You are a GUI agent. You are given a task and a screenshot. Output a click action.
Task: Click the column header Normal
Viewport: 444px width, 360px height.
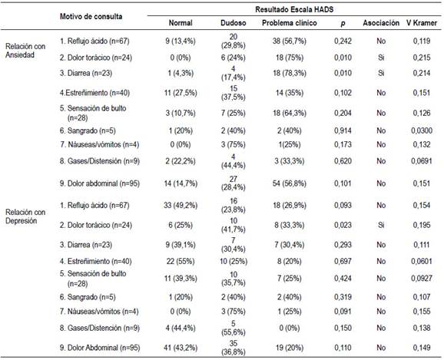(x=181, y=23)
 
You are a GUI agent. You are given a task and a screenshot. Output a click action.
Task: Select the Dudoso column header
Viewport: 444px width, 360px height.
(x=233, y=23)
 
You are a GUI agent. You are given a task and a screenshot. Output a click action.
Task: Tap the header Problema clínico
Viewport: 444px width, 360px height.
(x=289, y=23)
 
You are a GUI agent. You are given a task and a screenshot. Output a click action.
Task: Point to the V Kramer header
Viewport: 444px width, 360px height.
(x=422, y=23)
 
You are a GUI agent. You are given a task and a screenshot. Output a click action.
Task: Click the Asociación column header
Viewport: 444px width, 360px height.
(x=381, y=23)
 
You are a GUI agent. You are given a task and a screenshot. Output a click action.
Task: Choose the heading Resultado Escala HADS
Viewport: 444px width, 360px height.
(x=294, y=10)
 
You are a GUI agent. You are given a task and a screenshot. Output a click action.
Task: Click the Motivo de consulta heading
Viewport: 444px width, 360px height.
(x=91, y=16)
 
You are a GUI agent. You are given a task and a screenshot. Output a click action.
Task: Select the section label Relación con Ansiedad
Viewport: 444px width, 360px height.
(x=25, y=51)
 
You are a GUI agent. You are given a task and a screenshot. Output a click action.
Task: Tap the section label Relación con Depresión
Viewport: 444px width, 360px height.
(x=25, y=216)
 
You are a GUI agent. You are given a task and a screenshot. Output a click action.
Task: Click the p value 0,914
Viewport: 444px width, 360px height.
(x=343, y=130)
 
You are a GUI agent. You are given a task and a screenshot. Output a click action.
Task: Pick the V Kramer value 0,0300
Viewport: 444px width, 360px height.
(x=422, y=130)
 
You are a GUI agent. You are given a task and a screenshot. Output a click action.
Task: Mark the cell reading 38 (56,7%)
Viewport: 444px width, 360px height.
(x=289, y=41)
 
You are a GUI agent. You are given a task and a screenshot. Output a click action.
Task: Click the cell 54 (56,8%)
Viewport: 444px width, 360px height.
(x=289, y=183)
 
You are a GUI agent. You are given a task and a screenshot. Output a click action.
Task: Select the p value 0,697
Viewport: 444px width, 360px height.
(x=343, y=261)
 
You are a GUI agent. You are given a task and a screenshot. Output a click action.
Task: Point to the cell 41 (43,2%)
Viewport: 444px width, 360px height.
(x=181, y=348)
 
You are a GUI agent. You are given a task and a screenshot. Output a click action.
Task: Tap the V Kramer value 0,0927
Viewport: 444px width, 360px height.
(x=422, y=279)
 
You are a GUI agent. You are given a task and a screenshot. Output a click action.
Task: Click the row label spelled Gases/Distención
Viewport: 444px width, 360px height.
(x=100, y=328)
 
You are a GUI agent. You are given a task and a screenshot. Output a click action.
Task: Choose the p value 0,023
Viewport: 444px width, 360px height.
(x=343, y=225)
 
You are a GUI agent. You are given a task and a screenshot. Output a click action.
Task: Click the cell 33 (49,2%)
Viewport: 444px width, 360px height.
(x=181, y=206)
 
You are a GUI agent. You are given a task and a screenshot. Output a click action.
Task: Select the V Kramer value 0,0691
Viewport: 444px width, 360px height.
(x=422, y=161)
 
